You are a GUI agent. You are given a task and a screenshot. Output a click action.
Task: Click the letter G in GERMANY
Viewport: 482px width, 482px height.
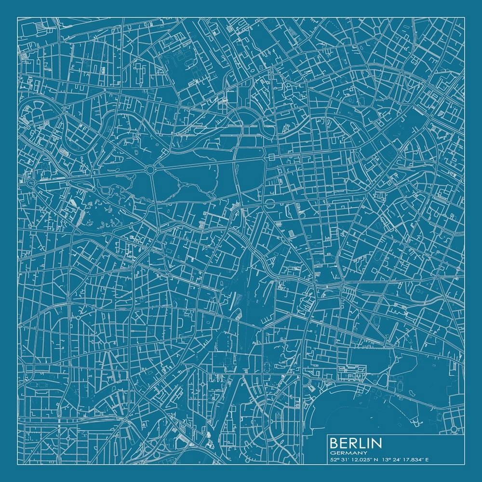tap(333, 453)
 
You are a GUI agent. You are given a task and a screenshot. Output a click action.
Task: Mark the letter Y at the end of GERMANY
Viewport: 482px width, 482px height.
tap(365, 453)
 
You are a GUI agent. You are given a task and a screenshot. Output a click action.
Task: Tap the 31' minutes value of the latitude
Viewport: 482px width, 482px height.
tap(345, 459)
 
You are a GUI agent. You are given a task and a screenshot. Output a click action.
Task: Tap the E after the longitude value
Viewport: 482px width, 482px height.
tap(427, 459)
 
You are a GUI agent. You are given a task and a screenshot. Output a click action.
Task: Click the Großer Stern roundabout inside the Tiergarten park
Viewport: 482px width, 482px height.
tap(151, 170)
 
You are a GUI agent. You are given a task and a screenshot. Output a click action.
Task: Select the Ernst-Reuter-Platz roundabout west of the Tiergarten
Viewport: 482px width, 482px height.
tap(32, 184)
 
